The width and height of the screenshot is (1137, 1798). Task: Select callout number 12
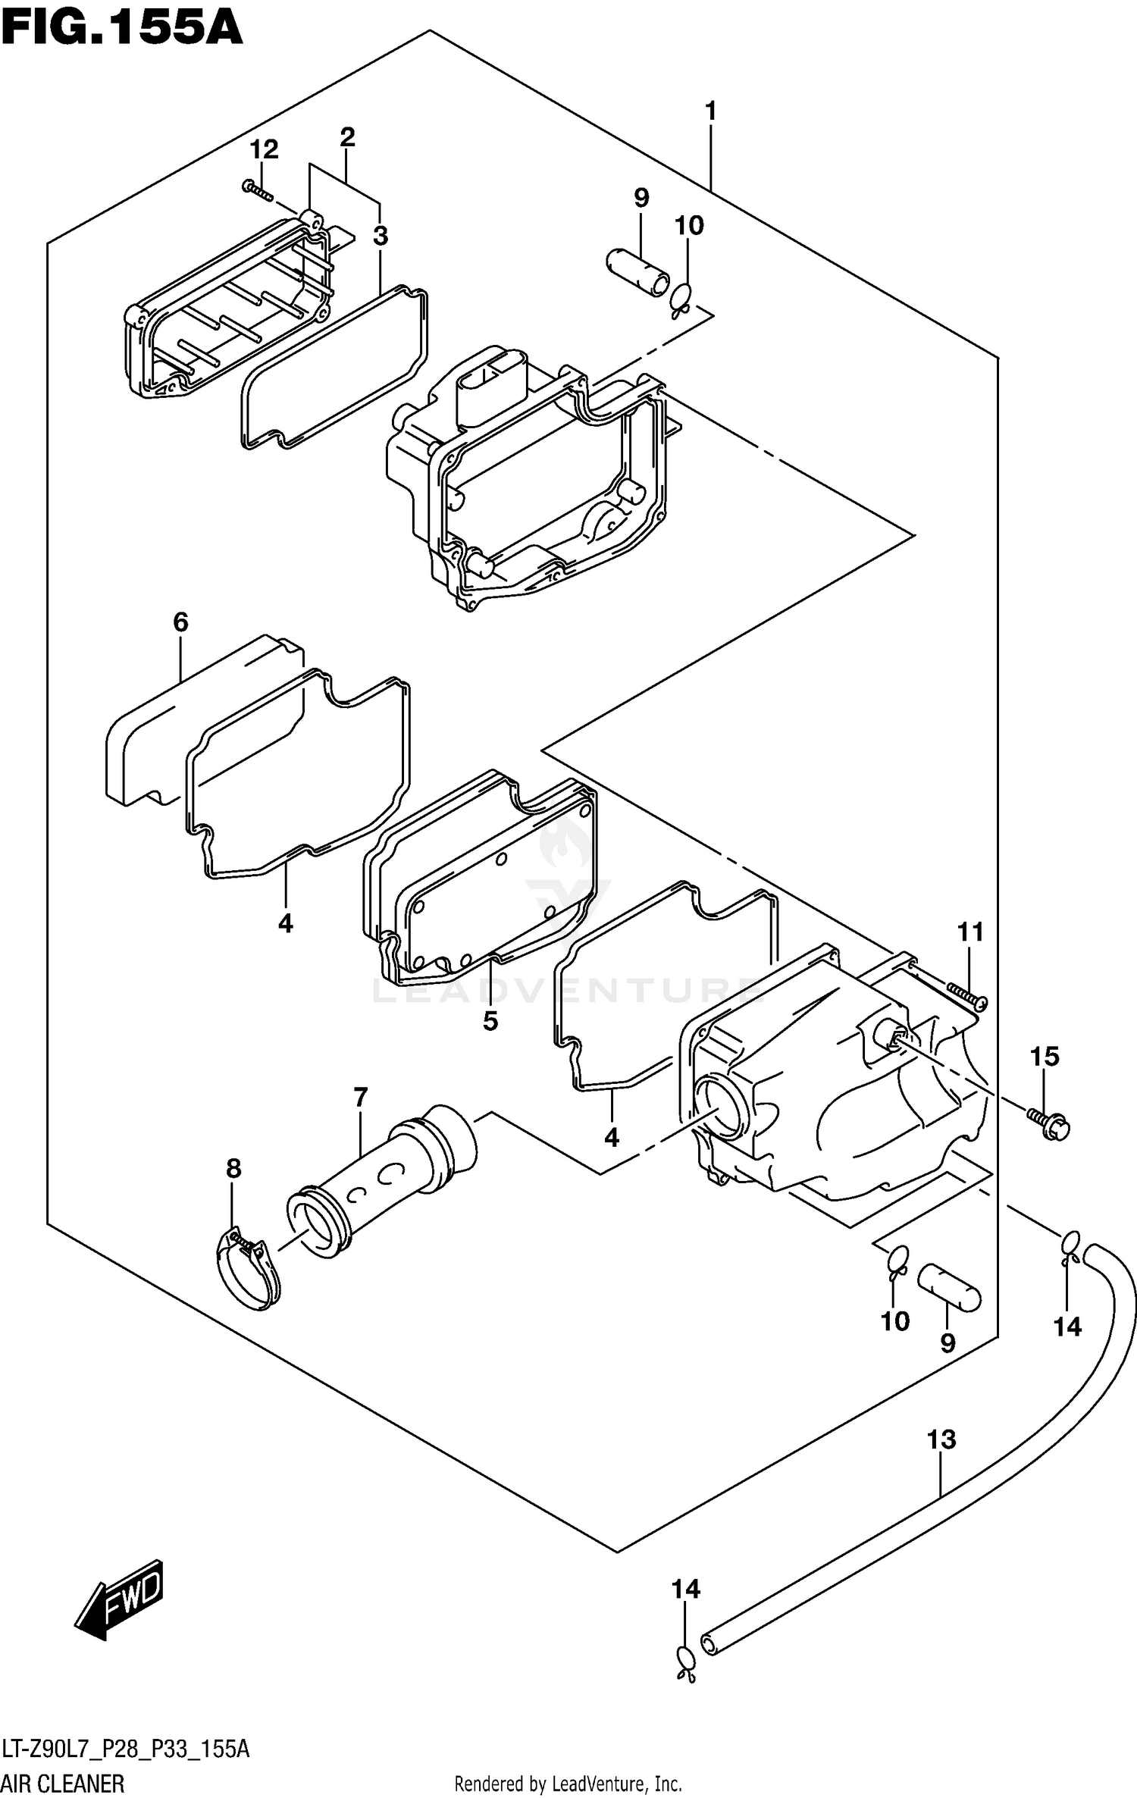pos(264,149)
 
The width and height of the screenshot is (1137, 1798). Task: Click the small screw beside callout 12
pos(258,190)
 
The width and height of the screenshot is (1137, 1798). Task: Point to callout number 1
pos(710,111)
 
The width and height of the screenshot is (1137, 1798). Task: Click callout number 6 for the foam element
pos(180,622)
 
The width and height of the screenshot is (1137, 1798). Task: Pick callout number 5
pos(490,1021)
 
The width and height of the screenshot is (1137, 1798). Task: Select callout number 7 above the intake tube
pos(361,1097)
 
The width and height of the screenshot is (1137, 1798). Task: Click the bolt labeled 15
pos(1051,1125)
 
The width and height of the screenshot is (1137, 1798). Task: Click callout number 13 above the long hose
pos(941,1439)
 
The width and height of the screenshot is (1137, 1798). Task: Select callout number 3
pos(381,236)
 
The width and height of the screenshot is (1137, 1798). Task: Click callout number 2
pos(347,137)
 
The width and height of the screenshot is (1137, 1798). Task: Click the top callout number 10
pos(689,225)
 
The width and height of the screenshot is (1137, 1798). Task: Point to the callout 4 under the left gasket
pos(285,923)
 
